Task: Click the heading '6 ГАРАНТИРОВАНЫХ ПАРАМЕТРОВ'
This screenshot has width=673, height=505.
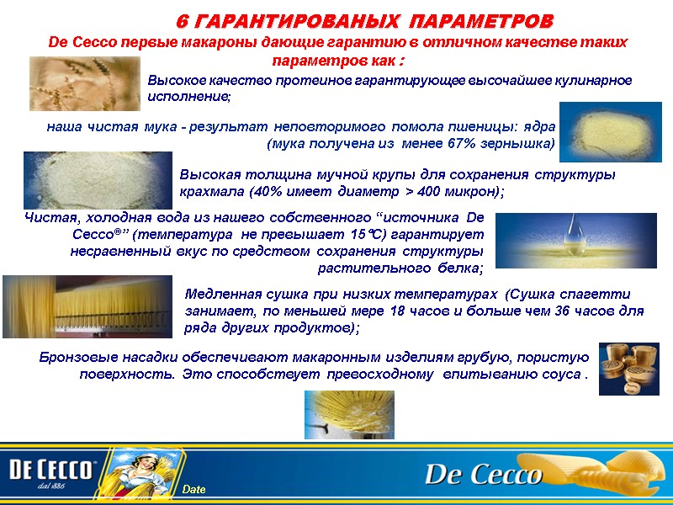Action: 365,19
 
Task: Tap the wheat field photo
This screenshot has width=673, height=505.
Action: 84,83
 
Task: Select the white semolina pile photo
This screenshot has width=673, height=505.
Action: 97,180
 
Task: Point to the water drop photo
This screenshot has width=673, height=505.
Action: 552,239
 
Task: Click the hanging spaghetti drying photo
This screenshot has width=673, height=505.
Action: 87,306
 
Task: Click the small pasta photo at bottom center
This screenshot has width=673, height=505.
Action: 348,414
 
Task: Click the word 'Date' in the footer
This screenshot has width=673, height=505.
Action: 194,490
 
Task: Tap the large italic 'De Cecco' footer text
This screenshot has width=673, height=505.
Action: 483,474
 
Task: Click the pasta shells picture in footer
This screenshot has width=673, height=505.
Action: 614,471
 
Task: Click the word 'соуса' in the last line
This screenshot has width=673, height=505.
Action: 560,373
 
